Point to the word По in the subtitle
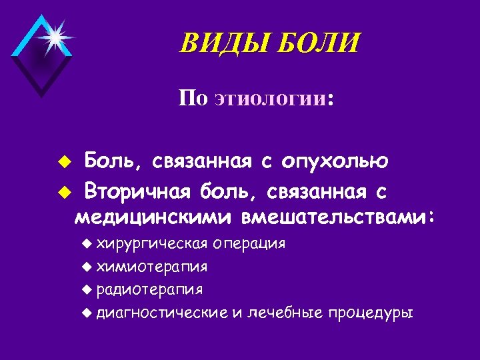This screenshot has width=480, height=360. click(193, 99)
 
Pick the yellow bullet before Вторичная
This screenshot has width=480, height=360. click(64, 193)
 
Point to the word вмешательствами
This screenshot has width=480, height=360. click(337, 217)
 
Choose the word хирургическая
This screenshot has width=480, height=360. click(152, 243)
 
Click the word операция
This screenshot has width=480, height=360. click(250, 243)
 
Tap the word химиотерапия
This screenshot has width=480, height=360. click(151, 267)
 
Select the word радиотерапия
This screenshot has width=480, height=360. click(150, 290)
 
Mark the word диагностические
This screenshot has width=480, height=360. click(162, 313)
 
